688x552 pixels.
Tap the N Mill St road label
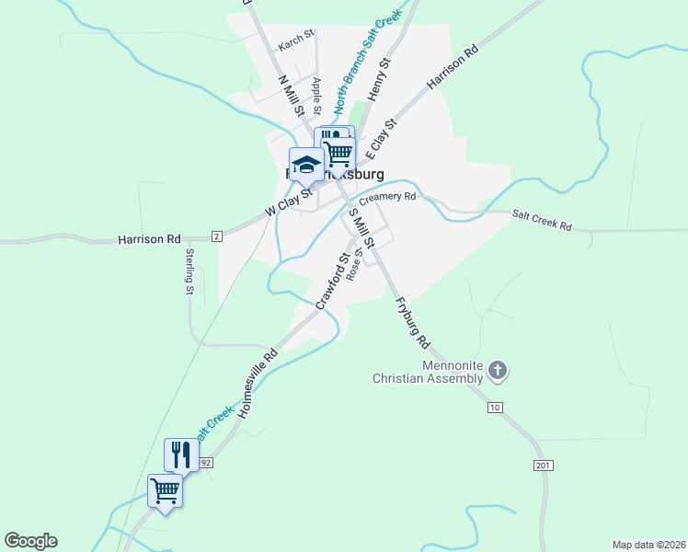(x=292, y=95)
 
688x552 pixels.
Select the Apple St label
(x=315, y=95)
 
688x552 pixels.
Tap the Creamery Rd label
(x=387, y=197)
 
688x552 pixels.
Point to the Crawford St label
(x=331, y=281)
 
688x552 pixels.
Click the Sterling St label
(x=189, y=271)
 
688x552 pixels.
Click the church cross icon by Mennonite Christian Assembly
(x=497, y=371)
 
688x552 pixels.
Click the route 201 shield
(x=543, y=466)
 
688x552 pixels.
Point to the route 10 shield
(x=495, y=407)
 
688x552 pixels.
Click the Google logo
(x=30, y=541)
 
